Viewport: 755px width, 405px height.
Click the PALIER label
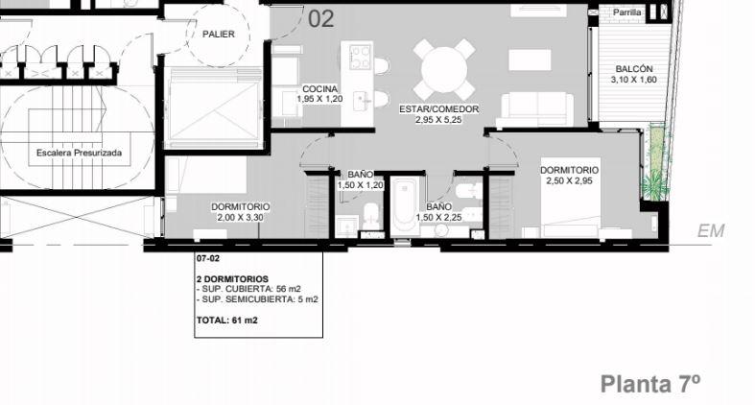tap(218, 35)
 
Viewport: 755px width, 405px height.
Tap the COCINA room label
tap(319, 89)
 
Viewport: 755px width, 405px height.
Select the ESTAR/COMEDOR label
tap(438, 109)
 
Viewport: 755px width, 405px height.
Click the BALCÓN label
tap(634, 69)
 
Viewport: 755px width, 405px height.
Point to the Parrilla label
tap(626, 12)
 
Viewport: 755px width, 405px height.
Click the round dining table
tap(444, 70)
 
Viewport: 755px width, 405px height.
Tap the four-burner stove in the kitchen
tap(360, 58)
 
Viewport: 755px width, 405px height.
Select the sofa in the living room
tap(537, 109)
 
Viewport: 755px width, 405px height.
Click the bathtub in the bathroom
tap(405, 206)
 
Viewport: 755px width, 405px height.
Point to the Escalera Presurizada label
tap(79, 153)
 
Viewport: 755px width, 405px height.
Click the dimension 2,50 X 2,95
tap(569, 181)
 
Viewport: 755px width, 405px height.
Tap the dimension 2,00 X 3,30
tap(240, 218)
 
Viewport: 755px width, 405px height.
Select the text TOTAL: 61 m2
tap(226, 321)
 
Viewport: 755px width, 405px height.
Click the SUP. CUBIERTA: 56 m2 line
tap(248, 289)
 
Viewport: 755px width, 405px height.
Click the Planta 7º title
tap(650, 384)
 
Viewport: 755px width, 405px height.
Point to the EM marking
tap(711, 231)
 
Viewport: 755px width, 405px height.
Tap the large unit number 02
tap(320, 19)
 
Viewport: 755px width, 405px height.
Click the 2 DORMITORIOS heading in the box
tap(232, 279)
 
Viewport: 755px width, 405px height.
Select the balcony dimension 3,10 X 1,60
tap(634, 80)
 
